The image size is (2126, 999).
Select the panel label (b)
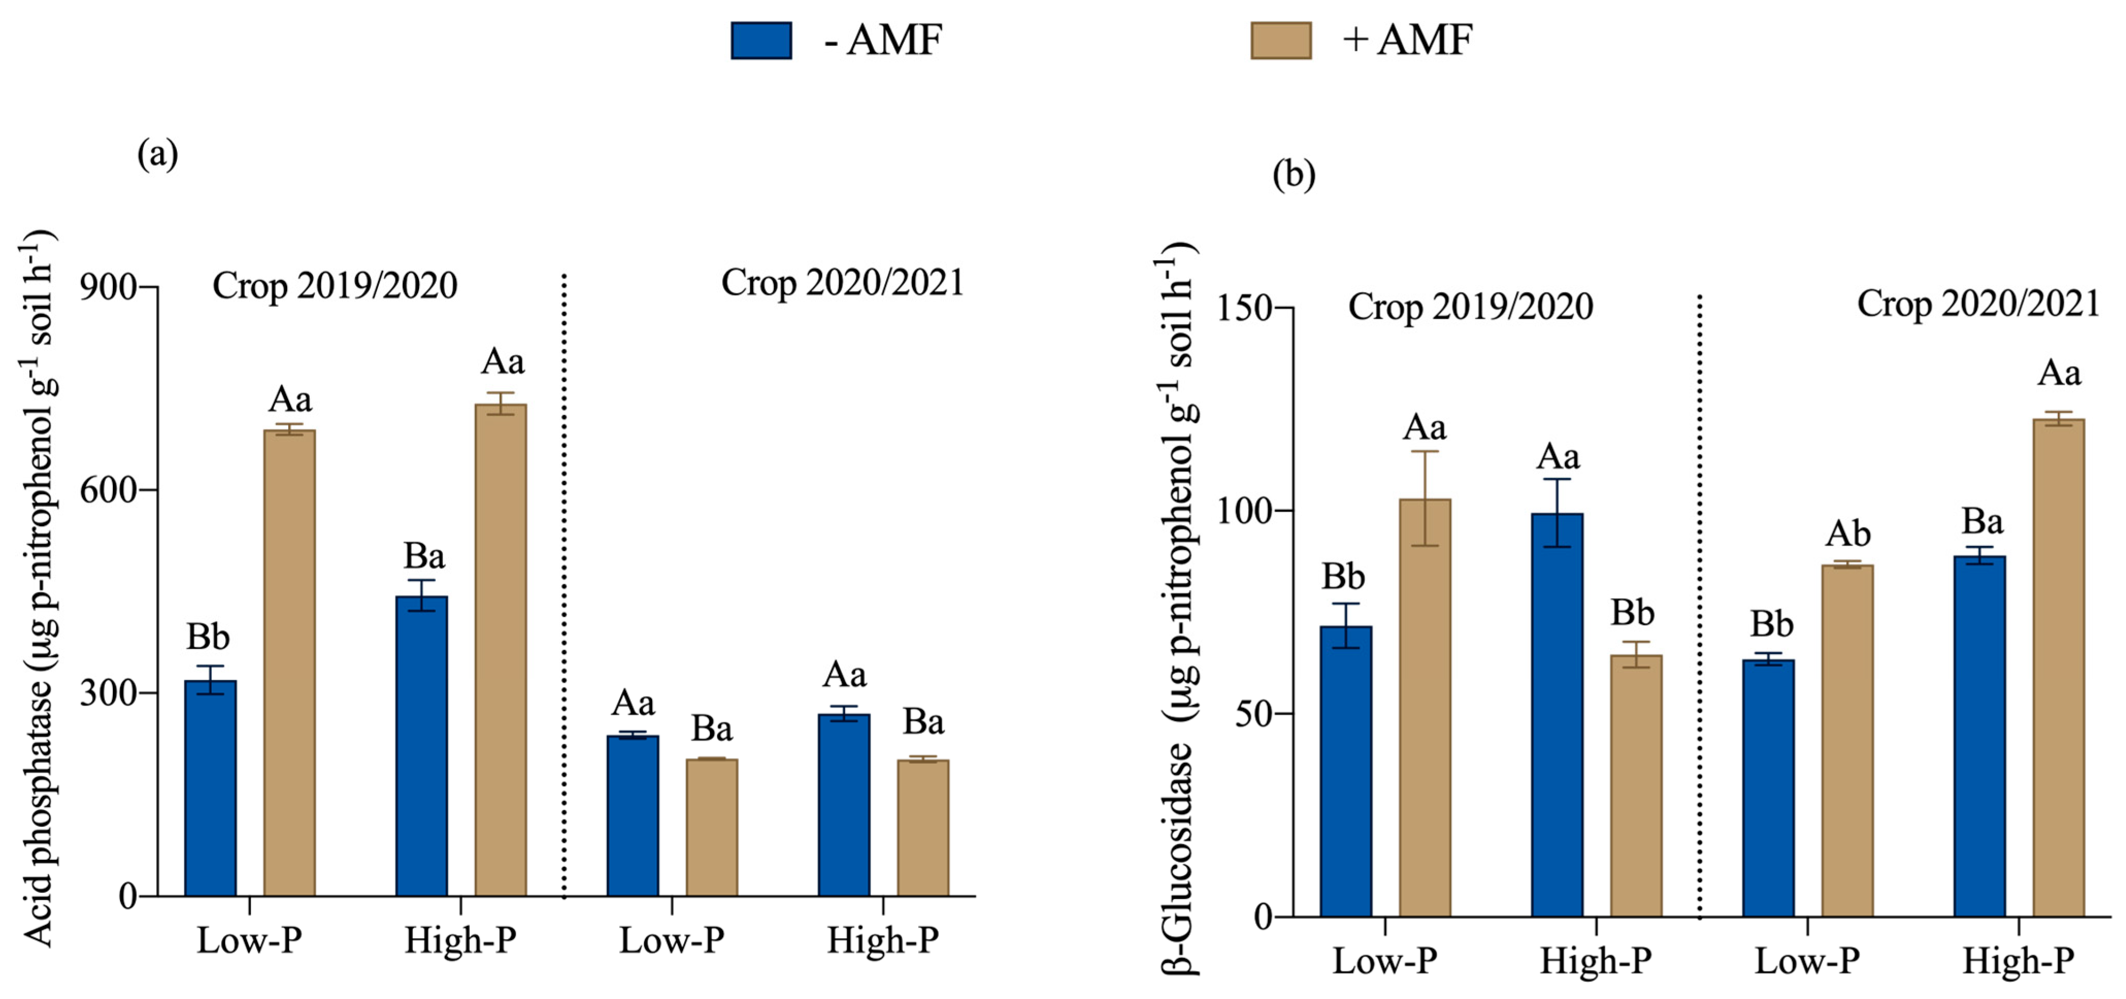click(x=1293, y=175)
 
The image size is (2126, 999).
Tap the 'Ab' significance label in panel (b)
click(x=1847, y=534)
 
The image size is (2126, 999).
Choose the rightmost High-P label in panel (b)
click(x=2018, y=961)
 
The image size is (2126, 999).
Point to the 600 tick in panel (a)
click(x=108, y=489)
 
